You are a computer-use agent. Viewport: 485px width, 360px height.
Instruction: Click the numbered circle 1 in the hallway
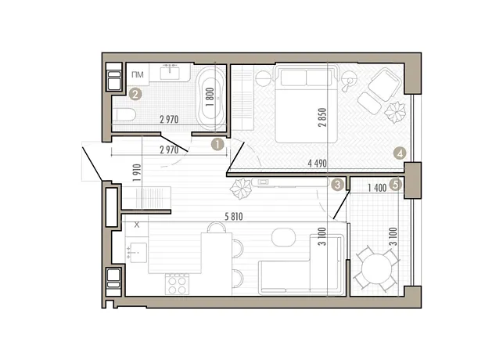coord(217,144)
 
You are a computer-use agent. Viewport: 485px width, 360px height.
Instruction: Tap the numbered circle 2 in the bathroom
coord(135,94)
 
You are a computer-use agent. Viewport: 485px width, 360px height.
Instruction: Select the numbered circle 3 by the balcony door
coord(337,185)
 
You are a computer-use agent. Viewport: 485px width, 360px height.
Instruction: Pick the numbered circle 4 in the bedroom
coord(400,153)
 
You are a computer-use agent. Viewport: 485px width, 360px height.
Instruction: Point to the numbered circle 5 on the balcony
coord(396,185)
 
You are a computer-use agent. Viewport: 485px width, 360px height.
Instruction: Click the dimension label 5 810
coord(234,216)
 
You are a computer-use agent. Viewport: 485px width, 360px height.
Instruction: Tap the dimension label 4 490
coord(317,163)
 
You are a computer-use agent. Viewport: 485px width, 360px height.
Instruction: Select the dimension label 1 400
coord(377,188)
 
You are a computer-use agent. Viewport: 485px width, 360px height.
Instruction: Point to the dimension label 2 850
coord(322,117)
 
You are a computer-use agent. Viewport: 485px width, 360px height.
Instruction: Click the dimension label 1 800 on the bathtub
coord(210,97)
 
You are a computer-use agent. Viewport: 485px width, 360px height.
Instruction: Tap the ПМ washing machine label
coord(138,74)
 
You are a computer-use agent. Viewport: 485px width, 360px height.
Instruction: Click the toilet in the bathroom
coord(124,115)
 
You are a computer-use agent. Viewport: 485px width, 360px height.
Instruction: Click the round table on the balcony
coord(376,268)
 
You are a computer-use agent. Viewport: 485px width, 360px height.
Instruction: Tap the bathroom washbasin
coord(170,73)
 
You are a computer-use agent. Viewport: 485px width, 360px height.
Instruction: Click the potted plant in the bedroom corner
coord(395,113)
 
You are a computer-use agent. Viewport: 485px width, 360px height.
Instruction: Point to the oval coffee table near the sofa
coord(283,237)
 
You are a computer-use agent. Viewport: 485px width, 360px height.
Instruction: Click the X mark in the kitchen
coord(137,225)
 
